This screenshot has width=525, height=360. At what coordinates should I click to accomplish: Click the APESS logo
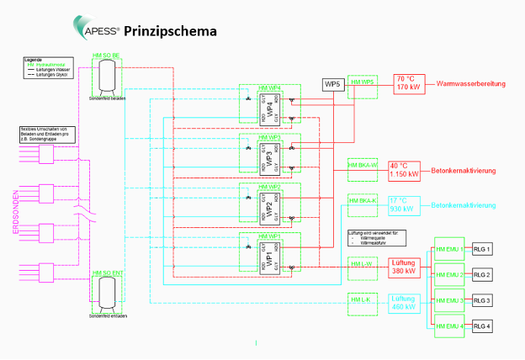99,30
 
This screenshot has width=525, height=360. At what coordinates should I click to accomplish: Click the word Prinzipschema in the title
171,32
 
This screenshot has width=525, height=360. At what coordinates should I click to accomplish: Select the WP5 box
333,85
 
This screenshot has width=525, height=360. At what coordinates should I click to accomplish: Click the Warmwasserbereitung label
472,84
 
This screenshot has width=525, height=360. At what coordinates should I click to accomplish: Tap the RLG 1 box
482,249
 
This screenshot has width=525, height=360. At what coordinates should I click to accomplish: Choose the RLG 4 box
482,326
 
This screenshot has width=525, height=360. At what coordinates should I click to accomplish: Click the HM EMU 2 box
448,275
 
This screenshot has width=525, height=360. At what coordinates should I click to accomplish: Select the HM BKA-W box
362,165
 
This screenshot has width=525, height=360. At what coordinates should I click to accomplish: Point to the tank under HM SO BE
108,77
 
